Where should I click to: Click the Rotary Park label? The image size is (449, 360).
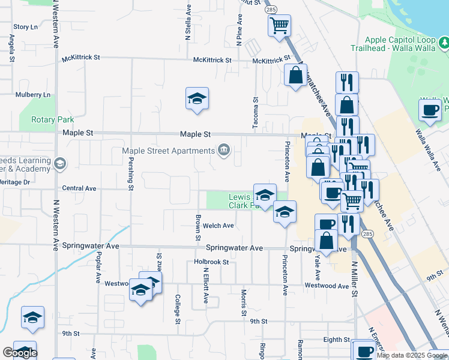click(54, 119)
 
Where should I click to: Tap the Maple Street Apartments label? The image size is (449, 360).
click(168, 151)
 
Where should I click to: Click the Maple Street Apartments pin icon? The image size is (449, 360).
click(224, 150)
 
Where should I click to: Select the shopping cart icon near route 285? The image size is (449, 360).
click(279, 26)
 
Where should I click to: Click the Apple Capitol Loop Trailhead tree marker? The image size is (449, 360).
click(444, 42)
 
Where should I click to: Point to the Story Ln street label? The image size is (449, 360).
click(25, 27)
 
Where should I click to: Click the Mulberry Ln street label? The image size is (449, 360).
click(33, 95)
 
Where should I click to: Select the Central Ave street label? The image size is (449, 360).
click(79, 188)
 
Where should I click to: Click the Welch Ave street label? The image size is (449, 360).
click(218, 226)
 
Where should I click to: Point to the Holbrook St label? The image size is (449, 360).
click(211, 262)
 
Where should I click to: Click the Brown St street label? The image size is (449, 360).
click(197, 229)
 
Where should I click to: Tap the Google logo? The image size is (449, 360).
click(20, 353)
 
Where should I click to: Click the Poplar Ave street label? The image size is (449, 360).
click(96, 267)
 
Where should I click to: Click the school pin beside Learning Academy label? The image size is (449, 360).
click(59, 163)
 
